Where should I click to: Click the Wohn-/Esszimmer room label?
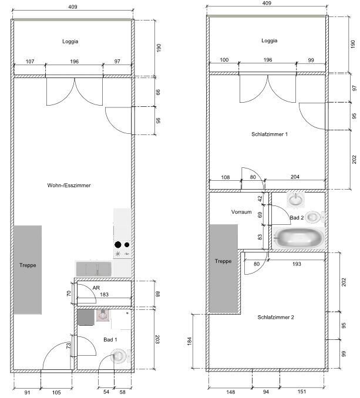pos(69,185)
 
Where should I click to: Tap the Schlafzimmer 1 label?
pos(270,134)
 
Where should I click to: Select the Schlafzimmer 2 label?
pos(275,317)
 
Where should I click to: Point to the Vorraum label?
pos(241,212)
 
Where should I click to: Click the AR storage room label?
pos(96,288)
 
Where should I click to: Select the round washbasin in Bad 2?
pos(296,199)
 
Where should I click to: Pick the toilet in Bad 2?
pos(314,217)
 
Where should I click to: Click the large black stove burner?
pos(118,245)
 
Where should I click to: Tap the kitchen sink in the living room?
pos(94,269)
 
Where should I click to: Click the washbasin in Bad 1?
pos(103,315)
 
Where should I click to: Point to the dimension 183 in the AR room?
pos(104,295)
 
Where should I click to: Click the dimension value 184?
pos(189,341)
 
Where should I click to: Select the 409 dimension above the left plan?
pos(73,7)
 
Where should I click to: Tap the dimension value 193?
pos(297,264)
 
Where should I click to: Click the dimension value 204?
pos(295,177)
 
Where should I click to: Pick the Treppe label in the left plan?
pos(28,265)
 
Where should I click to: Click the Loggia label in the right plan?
pos(270,41)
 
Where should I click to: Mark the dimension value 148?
pos(231,392)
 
